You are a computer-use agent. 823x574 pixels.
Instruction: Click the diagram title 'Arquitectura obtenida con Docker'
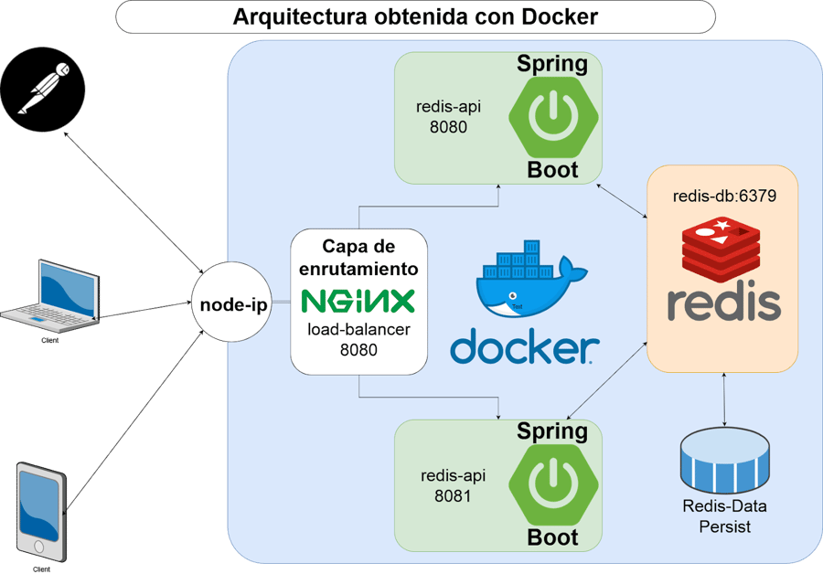(x=416, y=16)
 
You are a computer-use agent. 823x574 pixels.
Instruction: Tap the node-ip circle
(x=234, y=305)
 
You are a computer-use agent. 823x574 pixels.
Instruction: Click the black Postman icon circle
(x=44, y=90)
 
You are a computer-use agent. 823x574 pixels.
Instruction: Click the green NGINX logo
(x=358, y=301)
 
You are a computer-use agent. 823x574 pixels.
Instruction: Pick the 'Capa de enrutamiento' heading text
(x=358, y=257)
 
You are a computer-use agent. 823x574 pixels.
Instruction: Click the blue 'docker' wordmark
(x=524, y=348)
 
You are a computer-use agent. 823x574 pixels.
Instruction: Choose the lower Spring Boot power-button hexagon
(x=553, y=484)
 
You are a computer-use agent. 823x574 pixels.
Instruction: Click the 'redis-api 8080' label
(x=448, y=117)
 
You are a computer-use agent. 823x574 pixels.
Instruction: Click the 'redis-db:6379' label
(x=724, y=196)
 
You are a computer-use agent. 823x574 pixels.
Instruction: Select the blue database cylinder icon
(x=725, y=461)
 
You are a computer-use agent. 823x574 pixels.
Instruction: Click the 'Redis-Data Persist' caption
(x=725, y=516)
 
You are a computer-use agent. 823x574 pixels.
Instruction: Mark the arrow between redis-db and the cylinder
(x=725, y=399)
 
